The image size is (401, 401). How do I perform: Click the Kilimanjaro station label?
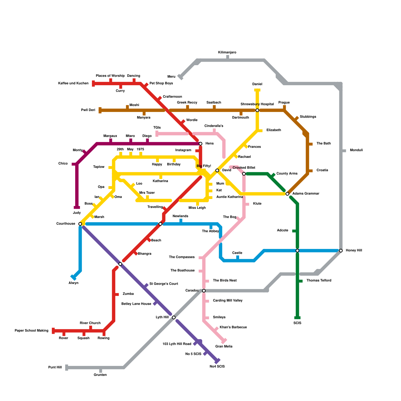tap(227, 52)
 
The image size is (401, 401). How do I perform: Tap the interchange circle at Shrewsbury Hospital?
tap(257, 110)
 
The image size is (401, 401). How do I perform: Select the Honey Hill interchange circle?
tap(341, 251)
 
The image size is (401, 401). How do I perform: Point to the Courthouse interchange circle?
tap(80, 224)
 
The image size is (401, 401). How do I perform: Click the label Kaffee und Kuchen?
tap(73, 83)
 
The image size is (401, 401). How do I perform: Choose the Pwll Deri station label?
tap(88, 110)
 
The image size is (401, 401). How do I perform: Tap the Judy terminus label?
tap(77, 213)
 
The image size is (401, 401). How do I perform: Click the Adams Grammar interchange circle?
tap(287, 194)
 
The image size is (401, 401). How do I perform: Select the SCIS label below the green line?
tap(297, 323)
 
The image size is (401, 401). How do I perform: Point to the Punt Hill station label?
tap(55, 367)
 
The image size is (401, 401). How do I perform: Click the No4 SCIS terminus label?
tap(217, 366)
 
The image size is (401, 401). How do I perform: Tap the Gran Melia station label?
tap(224, 346)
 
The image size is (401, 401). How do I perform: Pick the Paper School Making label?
tap(32, 331)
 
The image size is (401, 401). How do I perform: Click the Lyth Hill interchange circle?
tap(174, 318)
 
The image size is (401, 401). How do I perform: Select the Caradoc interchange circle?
tap(204, 291)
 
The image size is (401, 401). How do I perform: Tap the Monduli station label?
tap(356, 150)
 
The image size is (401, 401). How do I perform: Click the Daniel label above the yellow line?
tap(257, 84)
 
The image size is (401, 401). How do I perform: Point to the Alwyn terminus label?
tap(73, 283)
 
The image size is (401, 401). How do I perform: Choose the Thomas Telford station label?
tap(319, 280)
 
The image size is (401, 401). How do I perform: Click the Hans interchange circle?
tap(200, 144)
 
